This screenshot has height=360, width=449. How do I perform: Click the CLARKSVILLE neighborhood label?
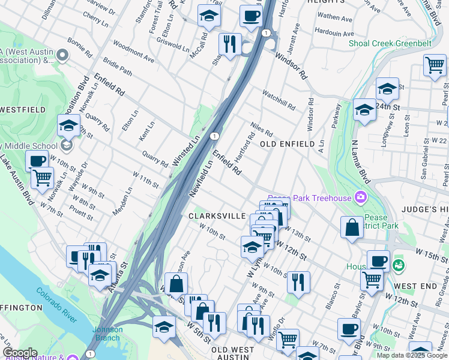[217, 216]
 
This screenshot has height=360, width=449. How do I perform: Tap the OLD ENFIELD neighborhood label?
[288, 145]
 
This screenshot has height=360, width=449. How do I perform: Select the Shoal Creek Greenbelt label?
[390, 43]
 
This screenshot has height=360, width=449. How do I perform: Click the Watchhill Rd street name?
[279, 100]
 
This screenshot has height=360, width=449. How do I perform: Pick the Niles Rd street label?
[262, 129]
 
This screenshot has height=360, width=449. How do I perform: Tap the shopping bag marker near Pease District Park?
[352, 227]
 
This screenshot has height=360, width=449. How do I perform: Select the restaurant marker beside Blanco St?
[298, 281]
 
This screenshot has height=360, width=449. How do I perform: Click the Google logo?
[20, 353]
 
